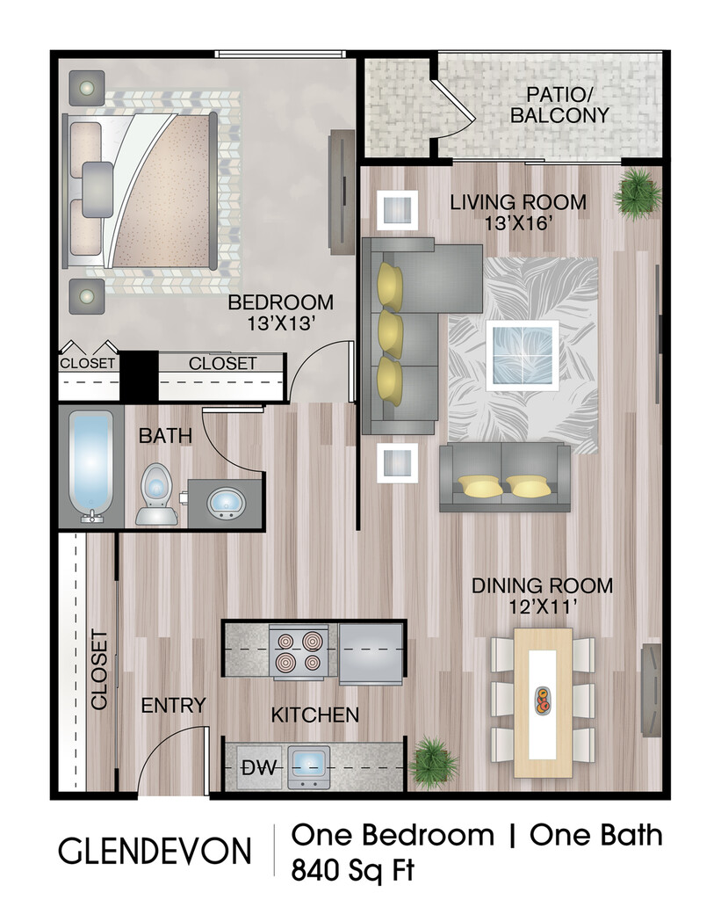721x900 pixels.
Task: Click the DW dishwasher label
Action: pos(259,767)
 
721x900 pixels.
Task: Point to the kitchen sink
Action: pos(308,766)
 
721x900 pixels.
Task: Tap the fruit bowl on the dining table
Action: pos(543,700)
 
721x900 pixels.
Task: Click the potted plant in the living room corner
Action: pos(637,194)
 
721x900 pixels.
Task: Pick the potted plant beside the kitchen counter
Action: pos(434,762)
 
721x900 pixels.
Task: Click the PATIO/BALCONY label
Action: pos(559,105)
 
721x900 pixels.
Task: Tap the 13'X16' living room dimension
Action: pos(518,222)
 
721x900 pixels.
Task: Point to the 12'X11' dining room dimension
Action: pos(543,606)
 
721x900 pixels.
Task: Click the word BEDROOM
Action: pos(280,302)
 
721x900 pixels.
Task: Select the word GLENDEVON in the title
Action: pos(155,851)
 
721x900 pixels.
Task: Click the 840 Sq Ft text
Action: pos(352,870)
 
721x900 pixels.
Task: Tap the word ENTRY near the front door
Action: pos(173,706)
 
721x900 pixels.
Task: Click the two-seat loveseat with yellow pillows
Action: pos(505,477)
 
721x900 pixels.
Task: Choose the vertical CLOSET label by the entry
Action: pos(99,670)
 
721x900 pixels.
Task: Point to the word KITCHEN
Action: pos(315,715)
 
